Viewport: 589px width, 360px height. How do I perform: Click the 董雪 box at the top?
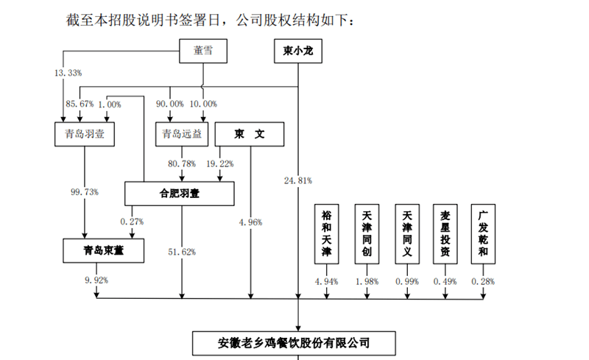(202, 51)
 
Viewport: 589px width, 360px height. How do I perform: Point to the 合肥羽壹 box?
(180, 193)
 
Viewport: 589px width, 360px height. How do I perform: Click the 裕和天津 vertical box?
(327, 233)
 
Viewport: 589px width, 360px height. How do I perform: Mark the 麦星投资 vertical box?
(445, 233)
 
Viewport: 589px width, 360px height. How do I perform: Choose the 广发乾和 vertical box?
(484, 233)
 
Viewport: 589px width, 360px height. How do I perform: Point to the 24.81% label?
(297, 179)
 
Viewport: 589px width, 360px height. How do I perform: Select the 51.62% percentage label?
(183, 252)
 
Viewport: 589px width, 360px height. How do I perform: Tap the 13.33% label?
(68, 73)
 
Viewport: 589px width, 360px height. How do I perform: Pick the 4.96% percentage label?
(250, 221)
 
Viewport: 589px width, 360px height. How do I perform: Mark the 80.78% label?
(181, 163)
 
